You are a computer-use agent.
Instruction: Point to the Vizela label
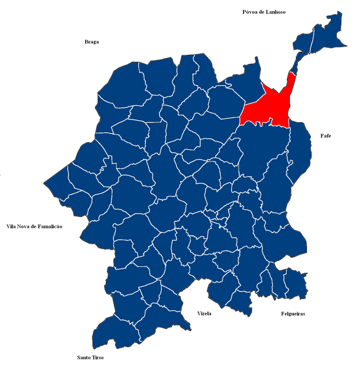[x=204, y=313]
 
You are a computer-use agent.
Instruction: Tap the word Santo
[x=83, y=357]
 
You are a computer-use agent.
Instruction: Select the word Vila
[x=11, y=227]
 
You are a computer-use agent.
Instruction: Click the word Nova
[x=25, y=227]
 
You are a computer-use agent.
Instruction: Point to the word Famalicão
[x=51, y=227]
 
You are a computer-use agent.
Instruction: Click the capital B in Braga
[x=86, y=42]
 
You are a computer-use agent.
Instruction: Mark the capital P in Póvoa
[x=244, y=12]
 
